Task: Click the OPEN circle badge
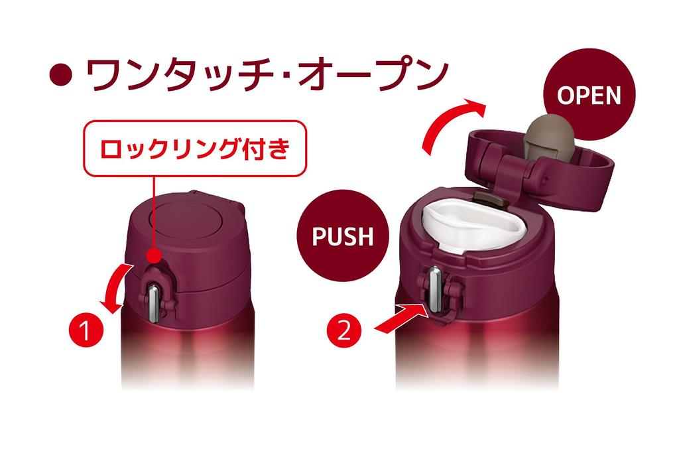point(589,96)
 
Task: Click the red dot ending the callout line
point(156,255)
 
